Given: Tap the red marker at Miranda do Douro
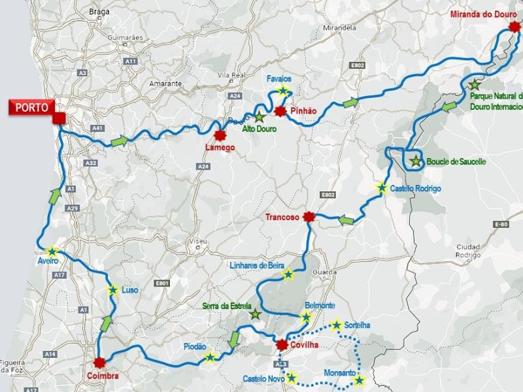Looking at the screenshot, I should (515, 29).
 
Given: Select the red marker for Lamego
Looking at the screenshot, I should (220, 135).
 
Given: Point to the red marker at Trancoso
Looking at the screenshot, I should (310, 218).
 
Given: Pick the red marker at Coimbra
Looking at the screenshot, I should (99, 363).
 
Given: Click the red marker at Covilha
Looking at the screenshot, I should (282, 345).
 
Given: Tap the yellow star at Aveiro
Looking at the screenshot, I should (52, 251).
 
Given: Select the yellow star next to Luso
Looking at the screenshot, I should (112, 289).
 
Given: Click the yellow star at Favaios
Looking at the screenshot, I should (282, 91).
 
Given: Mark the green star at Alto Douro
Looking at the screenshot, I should (260, 118).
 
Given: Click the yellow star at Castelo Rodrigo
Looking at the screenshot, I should (381, 188).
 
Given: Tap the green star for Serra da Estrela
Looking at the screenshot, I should (255, 315).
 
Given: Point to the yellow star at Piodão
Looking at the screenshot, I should (209, 357).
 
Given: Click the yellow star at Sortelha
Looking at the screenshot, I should (337, 325).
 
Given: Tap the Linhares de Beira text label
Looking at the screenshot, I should (257, 265).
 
